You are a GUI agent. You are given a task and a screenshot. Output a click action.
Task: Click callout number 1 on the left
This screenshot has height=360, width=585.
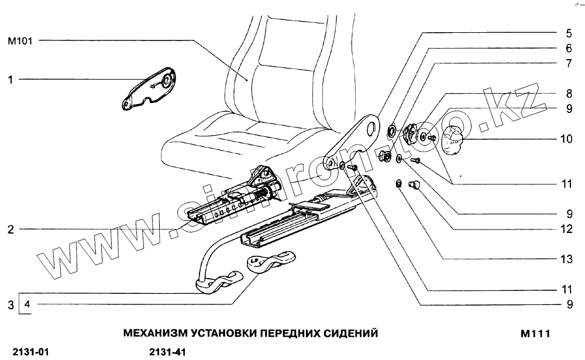coord(10,79)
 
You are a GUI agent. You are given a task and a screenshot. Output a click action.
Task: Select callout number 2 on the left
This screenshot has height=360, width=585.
coord(10,230)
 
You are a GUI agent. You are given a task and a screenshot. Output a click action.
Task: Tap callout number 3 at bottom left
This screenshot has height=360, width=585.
coord(10,304)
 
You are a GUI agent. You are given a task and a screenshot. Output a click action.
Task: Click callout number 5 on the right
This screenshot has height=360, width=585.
coord(568,33)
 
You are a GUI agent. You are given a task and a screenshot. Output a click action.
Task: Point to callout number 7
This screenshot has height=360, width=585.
coord(568,63)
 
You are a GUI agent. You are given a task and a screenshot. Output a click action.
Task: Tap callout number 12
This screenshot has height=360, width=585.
coord(566,229)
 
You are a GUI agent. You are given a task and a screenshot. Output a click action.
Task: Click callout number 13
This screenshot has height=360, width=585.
coord(566,259)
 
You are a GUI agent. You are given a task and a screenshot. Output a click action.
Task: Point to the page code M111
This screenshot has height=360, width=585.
coord(535,334)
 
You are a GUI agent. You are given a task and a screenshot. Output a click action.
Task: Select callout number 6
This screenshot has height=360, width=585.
coord(568,49)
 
